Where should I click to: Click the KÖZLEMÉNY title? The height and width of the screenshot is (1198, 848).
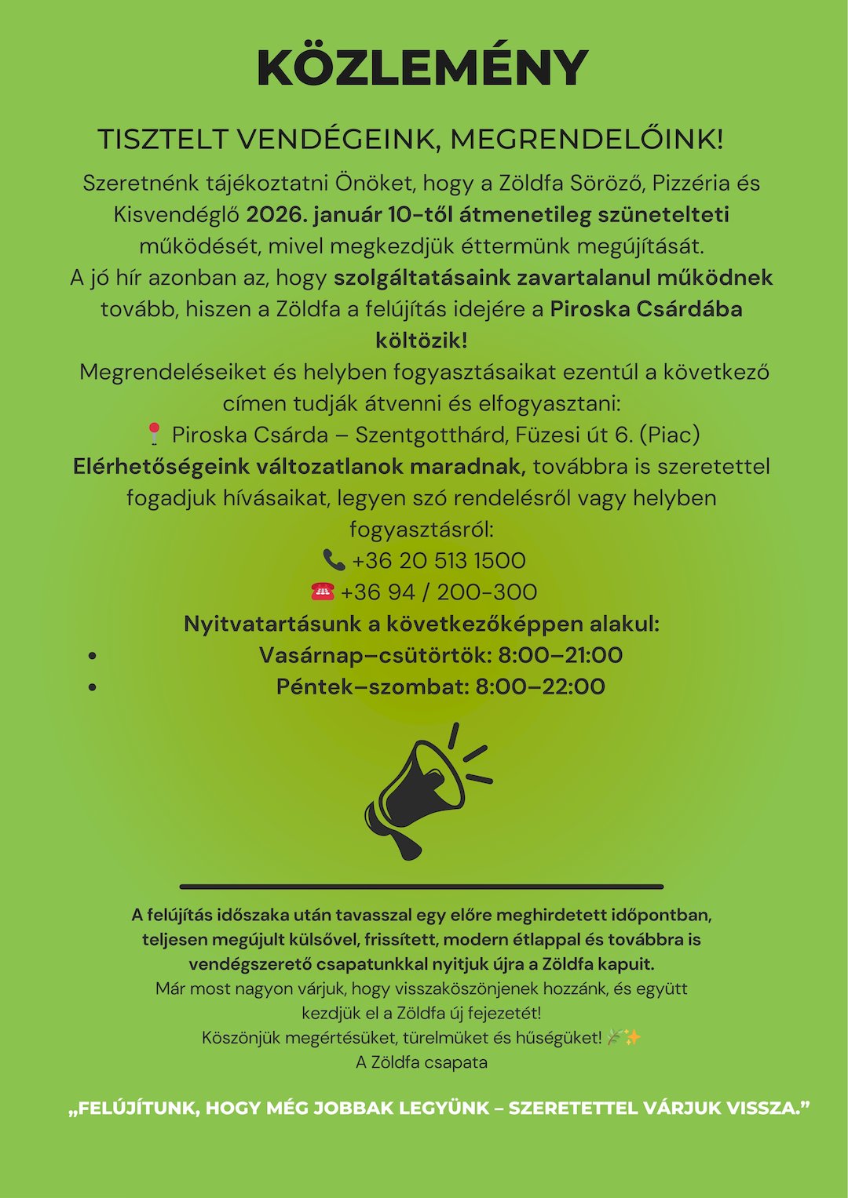pyautogui.click(x=422, y=68)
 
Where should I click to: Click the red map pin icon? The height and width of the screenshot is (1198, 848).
pyautogui.click(x=155, y=434)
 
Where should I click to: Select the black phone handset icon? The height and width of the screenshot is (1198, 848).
pyautogui.click(x=334, y=559)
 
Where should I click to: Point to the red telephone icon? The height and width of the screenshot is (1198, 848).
pyautogui.click(x=323, y=592)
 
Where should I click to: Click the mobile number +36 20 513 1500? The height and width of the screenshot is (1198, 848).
pyautogui.click(x=439, y=560)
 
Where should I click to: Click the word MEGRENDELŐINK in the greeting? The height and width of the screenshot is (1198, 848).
pyautogui.click(x=586, y=140)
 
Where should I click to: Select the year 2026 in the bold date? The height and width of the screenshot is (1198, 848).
pyautogui.click(x=274, y=214)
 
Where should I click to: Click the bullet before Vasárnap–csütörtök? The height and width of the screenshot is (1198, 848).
pyautogui.click(x=93, y=656)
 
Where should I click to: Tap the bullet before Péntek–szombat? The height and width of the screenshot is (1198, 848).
pyautogui.click(x=93, y=687)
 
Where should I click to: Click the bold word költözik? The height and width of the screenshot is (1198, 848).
pyautogui.click(x=422, y=340)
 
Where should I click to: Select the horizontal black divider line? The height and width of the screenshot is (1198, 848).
pyautogui.click(x=422, y=887)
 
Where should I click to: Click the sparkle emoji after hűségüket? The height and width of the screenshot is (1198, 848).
pyautogui.click(x=633, y=1037)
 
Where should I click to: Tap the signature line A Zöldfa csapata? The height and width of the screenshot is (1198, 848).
pyautogui.click(x=422, y=1062)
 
